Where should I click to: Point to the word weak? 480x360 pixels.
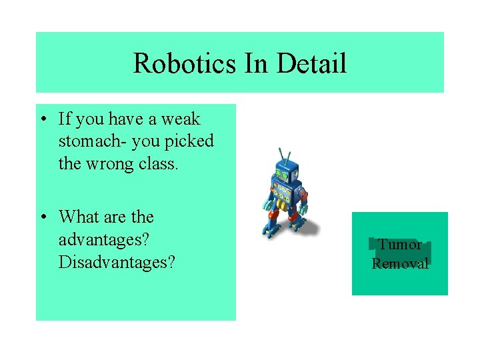tap(181, 119)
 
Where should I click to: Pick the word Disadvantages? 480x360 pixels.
tap(117, 262)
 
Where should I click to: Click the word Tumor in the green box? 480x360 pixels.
tap(399, 245)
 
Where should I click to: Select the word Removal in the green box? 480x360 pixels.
tap(400, 263)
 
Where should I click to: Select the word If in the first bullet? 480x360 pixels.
tap(65, 119)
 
